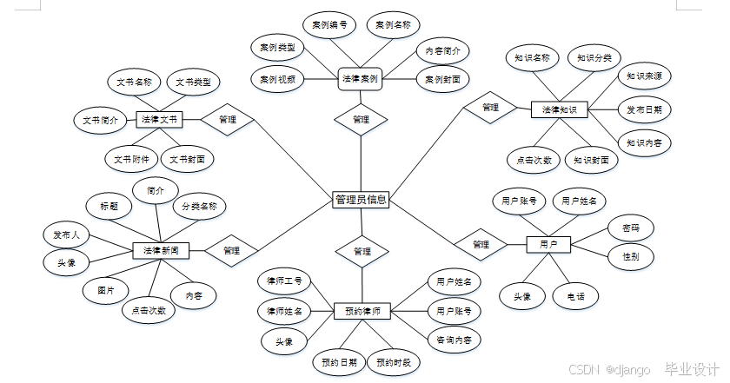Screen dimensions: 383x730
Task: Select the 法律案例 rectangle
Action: point(362,79)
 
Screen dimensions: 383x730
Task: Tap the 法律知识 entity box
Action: point(560,110)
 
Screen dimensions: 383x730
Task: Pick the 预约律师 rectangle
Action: point(362,310)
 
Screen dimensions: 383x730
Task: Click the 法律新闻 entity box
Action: point(161,250)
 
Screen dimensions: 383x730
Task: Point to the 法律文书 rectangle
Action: point(159,119)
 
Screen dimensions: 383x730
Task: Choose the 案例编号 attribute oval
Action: point(329,25)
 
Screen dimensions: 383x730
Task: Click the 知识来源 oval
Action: point(645,77)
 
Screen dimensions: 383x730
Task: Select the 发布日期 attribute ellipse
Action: point(645,110)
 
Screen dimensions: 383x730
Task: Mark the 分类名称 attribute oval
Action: point(199,207)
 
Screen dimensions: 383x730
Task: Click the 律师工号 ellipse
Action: point(284,281)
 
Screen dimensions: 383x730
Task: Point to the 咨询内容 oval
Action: point(454,340)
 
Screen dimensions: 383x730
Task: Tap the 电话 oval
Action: point(575,296)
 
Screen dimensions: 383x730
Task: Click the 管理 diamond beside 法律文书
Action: point(227,119)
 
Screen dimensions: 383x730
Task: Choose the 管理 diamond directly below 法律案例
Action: point(362,119)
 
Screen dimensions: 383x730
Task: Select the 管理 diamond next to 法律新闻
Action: point(231,250)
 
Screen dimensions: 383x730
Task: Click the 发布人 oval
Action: point(66,234)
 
